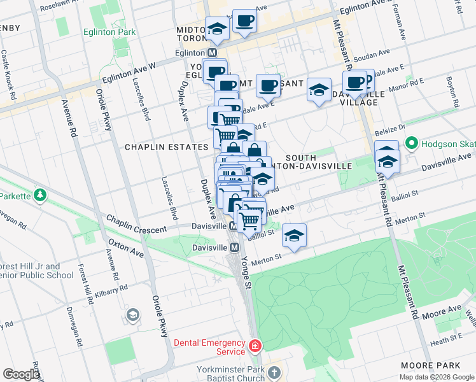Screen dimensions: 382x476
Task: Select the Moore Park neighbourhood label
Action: click(426, 365)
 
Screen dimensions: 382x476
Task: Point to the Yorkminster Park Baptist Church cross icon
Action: click(274, 372)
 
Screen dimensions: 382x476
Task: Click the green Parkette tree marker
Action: click(39, 194)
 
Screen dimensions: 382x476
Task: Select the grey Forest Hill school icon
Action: click(133, 315)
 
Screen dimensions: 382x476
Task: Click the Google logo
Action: click(21, 374)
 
